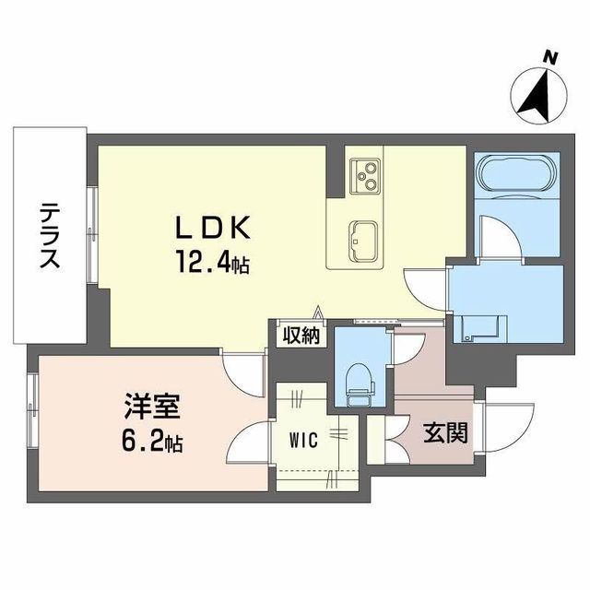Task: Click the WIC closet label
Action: coord(305,441)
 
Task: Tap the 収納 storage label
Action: coord(301,335)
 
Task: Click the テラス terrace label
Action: coord(49,236)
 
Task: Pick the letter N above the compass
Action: coord(551,58)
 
